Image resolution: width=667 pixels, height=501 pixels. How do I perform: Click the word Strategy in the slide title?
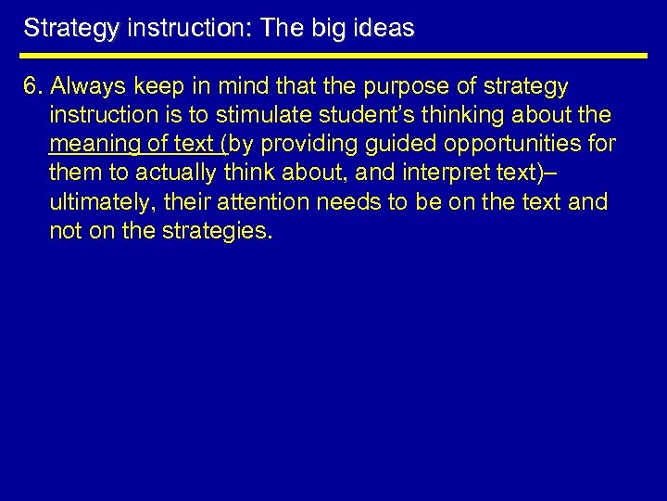(x=63, y=29)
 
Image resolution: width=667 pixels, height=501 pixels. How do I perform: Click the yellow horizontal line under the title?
(x=333, y=56)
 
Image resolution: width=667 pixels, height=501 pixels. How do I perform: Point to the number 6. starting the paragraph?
(x=34, y=87)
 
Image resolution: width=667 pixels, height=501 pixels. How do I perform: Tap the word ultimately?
(x=96, y=202)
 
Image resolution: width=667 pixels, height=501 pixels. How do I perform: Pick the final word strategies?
(x=223, y=231)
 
